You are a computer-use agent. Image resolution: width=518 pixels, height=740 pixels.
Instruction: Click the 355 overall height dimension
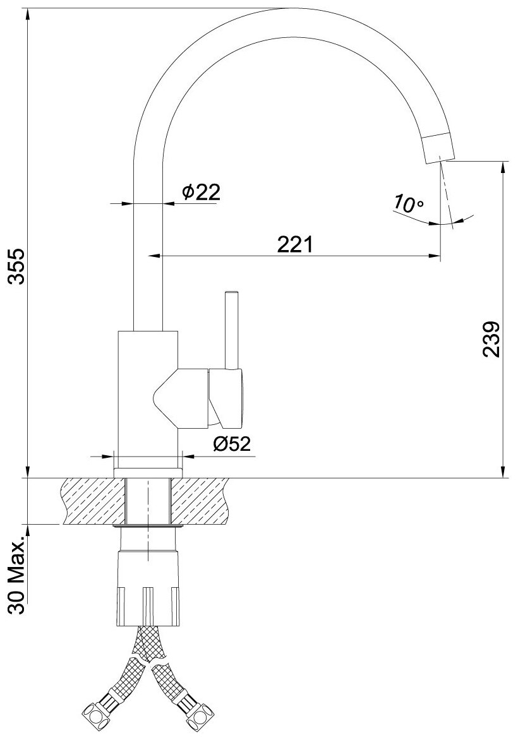[17, 266]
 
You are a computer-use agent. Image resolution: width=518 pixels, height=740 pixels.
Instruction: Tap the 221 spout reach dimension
[294, 245]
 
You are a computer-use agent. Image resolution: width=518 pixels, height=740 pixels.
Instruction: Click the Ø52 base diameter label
[231, 443]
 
